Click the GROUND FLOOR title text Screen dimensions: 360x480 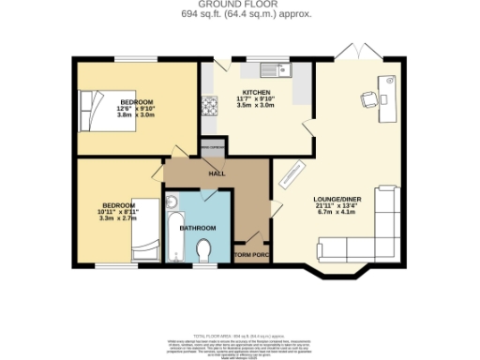tap(240, 5)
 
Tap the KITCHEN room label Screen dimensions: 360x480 tap(230, 92)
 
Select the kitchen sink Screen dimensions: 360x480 tap(278, 67)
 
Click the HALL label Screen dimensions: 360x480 tap(217, 173)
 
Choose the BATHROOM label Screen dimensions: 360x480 tap(198, 228)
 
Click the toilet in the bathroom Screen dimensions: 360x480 tap(204, 250)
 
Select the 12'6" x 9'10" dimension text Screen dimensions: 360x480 tap(136, 109)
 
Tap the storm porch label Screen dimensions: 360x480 tap(251, 254)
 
